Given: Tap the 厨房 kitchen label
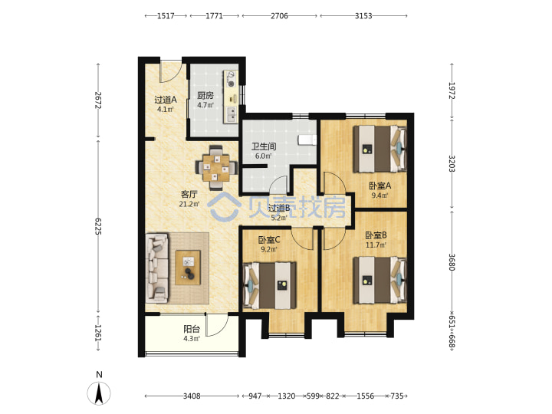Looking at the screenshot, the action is point(205,95).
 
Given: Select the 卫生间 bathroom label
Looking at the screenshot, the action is point(263,146).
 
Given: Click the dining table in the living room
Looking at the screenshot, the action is point(216,168).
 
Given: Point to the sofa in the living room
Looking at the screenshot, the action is point(157,268).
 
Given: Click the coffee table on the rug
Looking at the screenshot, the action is point(188,268).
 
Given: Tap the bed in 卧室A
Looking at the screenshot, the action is point(380,149).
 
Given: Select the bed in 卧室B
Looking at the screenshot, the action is point(380,280).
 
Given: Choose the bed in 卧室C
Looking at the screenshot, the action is point(270,285).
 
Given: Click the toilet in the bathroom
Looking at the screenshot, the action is point(307,140).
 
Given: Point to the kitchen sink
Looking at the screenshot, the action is point(231,113).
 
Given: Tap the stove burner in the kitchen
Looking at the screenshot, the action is point(231,84).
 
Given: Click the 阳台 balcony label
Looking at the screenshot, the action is point(192,329).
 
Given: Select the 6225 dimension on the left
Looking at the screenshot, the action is point(98,226).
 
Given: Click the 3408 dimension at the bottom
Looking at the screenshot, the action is point(192,396).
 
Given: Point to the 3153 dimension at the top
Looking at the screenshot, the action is point(363,16).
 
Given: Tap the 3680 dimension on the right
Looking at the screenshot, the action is point(452,262).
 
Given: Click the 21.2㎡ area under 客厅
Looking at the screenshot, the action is point(189,204).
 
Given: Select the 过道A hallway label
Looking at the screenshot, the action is point(166,100).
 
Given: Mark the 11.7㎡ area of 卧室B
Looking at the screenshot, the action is point(376,245).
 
